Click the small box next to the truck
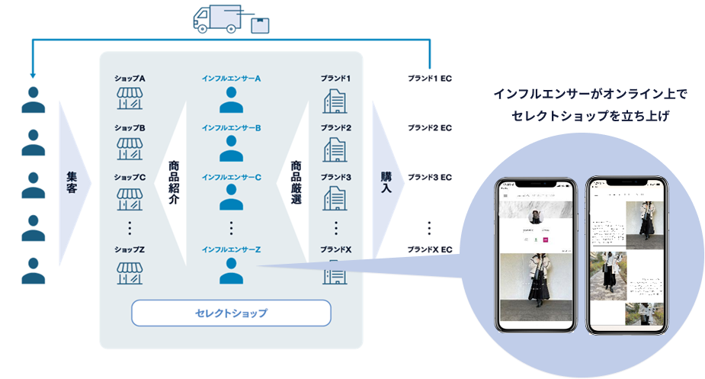pyautogui.click(x=260, y=25)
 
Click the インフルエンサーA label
pyautogui.click(x=231, y=79)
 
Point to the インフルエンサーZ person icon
pyautogui.click(x=231, y=270)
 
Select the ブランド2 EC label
pyautogui.click(x=429, y=127)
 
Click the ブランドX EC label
pyautogui.click(x=429, y=249)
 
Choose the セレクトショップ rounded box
pyautogui.click(x=231, y=313)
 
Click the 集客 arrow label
pyautogui.click(x=72, y=181)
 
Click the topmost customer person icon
pyautogui.click(x=32, y=99)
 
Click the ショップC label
pyautogui.click(x=130, y=177)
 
